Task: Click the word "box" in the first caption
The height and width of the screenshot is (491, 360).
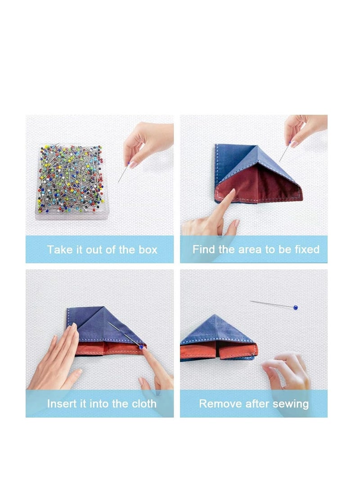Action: (147, 250)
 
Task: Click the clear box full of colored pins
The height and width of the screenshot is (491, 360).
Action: (70, 180)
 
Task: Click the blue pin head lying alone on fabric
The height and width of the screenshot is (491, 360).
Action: (295, 308)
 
